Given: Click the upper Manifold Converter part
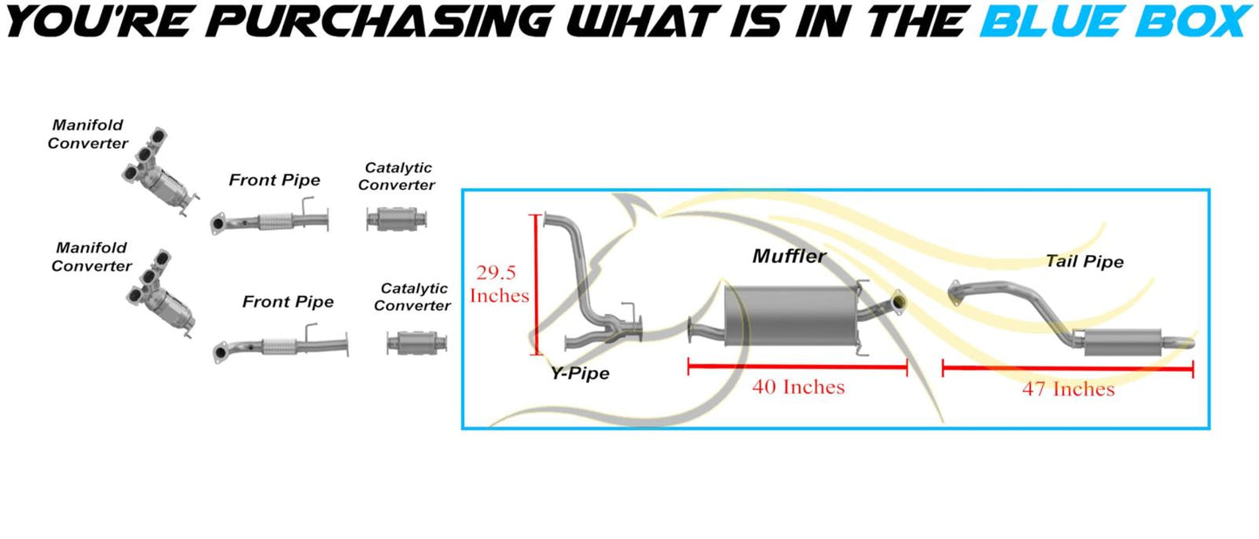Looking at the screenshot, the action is (160, 172).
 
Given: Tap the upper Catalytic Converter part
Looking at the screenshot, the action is (396, 219).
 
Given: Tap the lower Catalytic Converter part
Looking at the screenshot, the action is (417, 342).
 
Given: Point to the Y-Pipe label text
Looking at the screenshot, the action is (580, 374).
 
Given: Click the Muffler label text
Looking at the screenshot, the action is (789, 257).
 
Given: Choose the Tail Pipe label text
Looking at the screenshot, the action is (1085, 261).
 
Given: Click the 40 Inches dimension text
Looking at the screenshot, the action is (799, 387).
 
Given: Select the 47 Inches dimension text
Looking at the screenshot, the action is (1068, 389).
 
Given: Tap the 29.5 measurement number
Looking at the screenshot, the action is (497, 273).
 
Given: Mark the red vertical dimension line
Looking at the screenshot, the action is (537, 285).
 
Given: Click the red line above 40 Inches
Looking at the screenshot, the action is (798, 367).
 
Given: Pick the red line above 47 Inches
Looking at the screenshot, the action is (1068, 369).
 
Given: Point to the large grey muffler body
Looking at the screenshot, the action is (791, 315).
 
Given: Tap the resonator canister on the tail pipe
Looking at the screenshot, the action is (1122, 342).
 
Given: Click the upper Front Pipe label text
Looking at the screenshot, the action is (274, 180).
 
